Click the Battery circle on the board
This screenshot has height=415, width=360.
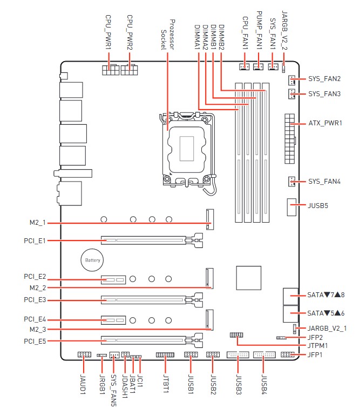point(92,260)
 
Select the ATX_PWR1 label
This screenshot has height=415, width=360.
point(325,123)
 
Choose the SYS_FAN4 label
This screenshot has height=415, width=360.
point(324,182)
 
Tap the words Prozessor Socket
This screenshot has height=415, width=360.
point(167,35)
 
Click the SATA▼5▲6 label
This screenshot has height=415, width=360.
point(326,313)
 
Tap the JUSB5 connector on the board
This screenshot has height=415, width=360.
point(293,207)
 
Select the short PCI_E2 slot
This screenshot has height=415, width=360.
point(114,280)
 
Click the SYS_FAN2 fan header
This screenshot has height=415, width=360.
point(291,80)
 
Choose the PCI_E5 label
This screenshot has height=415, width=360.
point(35,341)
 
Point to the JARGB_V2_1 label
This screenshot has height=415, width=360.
point(327,328)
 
